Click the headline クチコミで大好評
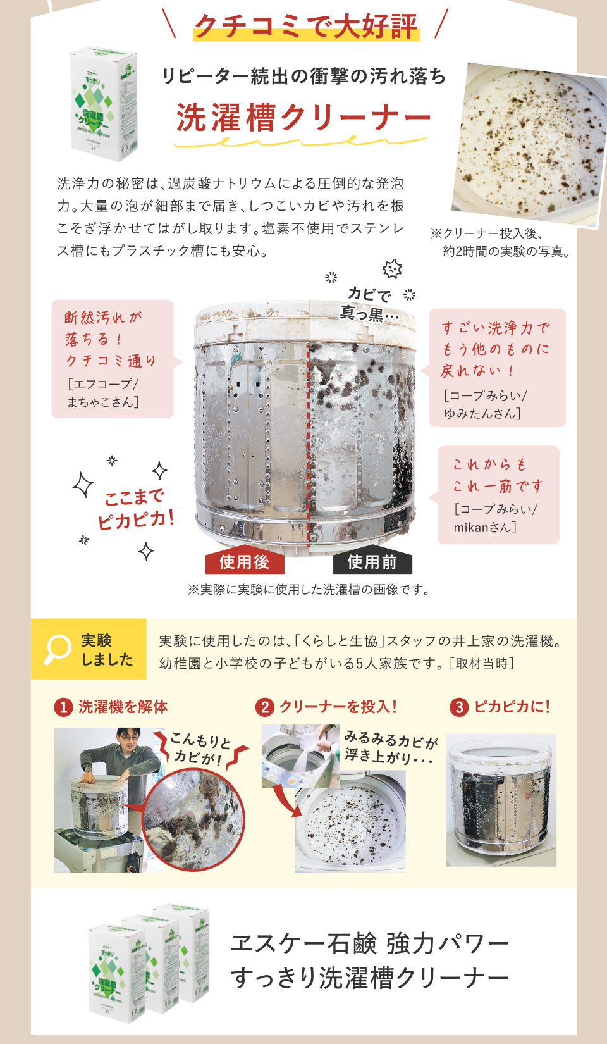point(305,26)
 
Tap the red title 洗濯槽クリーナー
point(303,118)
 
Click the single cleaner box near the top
point(104,103)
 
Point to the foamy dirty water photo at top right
point(528,144)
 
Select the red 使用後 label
point(244,562)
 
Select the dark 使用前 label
point(372,562)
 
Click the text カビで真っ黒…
point(369,304)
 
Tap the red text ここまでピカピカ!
point(135,509)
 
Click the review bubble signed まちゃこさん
point(112,358)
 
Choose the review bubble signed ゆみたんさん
point(496,368)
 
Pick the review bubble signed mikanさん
point(498,495)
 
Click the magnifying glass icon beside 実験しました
point(58,649)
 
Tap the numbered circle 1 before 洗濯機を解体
point(63,707)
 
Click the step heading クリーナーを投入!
point(338,707)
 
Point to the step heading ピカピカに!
point(512,707)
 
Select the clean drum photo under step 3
point(501,800)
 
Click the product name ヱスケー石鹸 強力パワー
point(369,943)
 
